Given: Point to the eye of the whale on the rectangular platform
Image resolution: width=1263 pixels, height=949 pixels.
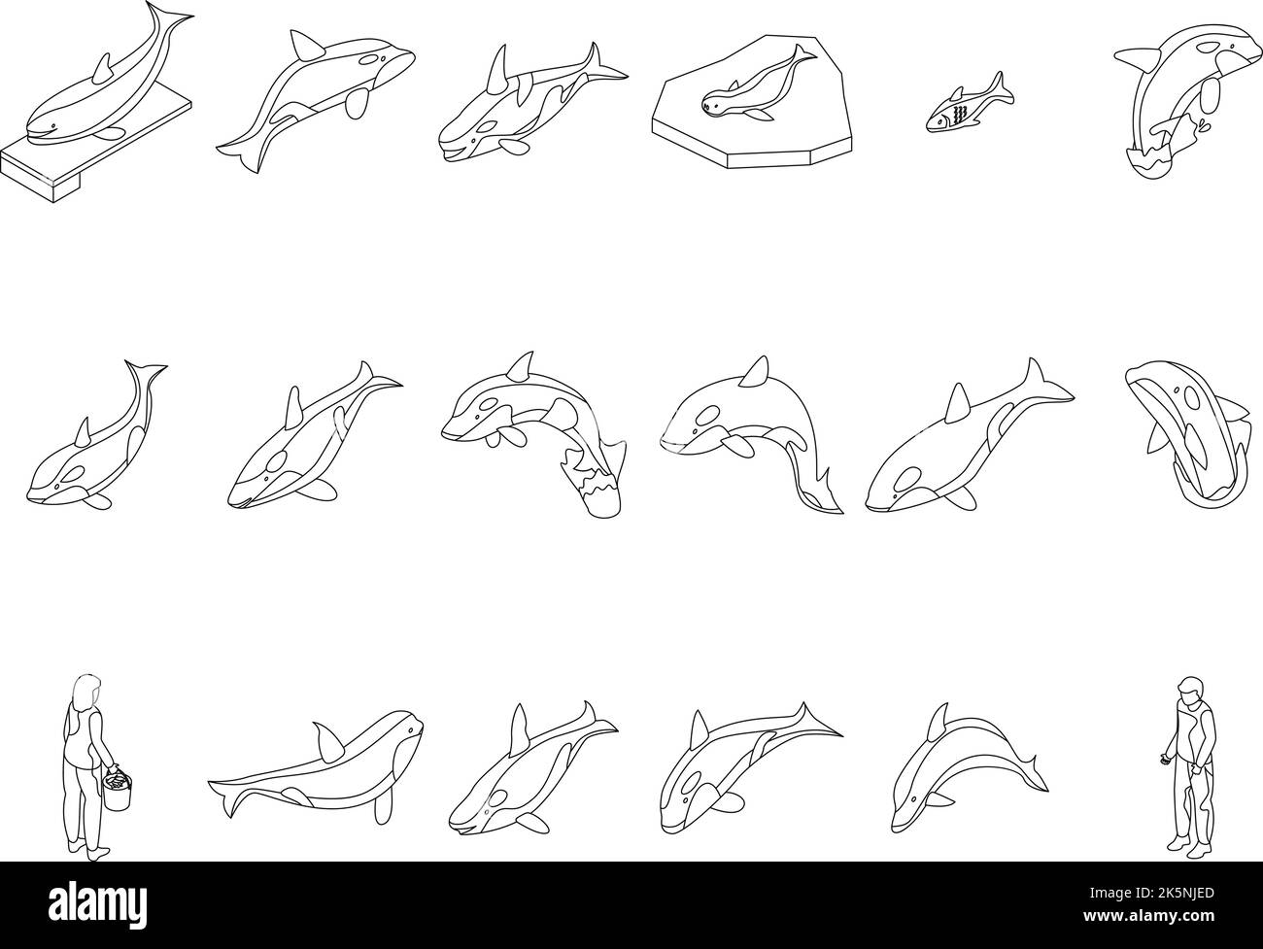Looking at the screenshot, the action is [x=52, y=125].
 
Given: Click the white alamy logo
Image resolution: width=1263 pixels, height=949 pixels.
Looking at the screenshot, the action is [x=97, y=905].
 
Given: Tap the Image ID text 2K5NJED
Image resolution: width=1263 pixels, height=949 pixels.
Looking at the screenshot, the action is [x=1151, y=893].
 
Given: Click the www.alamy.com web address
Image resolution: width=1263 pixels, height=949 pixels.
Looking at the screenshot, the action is [x=1148, y=916].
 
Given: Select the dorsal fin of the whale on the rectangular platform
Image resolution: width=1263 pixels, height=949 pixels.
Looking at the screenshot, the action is [x=104, y=68].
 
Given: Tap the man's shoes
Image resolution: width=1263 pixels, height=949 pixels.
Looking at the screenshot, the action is [x=1189, y=848].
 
